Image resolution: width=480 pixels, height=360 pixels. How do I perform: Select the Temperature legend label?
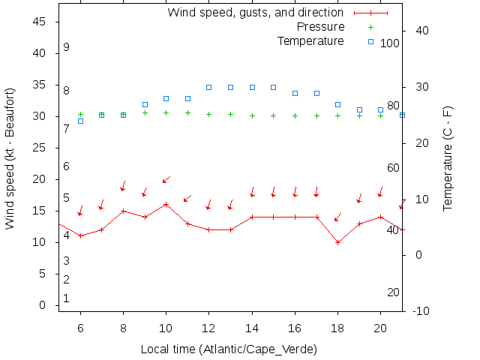point(310,40)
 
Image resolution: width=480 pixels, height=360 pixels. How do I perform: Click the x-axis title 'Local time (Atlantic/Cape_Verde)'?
point(229,349)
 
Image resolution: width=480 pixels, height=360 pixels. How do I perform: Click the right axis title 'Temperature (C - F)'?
point(448,158)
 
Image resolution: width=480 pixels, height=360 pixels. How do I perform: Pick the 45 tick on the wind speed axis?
point(40,22)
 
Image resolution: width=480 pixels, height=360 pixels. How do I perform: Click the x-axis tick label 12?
point(209,328)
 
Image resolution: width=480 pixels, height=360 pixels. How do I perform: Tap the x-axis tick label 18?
point(338,328)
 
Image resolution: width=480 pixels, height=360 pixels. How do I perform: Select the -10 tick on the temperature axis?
point(421,310)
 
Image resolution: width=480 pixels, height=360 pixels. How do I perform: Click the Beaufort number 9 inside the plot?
point(66,47)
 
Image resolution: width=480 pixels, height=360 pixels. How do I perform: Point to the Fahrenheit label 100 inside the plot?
point(389,43)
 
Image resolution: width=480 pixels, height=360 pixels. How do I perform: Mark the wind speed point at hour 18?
point(338,242)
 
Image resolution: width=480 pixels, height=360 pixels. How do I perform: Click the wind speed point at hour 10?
point(166,204)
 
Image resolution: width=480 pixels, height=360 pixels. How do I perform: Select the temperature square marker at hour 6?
point(80,121)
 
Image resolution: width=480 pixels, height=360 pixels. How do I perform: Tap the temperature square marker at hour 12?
point(209,87)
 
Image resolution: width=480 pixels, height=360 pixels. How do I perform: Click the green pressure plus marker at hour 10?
point(166,113)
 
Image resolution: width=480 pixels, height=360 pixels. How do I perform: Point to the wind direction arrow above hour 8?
point(123,186)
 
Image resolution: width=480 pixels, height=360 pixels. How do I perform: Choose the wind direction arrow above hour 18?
point(337,217)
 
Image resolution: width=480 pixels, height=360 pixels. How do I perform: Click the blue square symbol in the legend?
point(370,41)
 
